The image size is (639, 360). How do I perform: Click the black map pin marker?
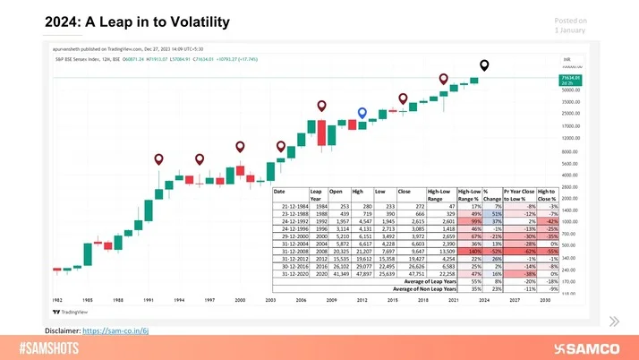click(x=485, y=64)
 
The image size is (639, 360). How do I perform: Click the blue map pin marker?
click(x=362, y=113)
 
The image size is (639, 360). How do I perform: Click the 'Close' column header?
click(x=405, y=191)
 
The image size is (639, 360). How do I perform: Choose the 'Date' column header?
click(x=279, y=191)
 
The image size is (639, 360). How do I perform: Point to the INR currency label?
click(x=566, y=60)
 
